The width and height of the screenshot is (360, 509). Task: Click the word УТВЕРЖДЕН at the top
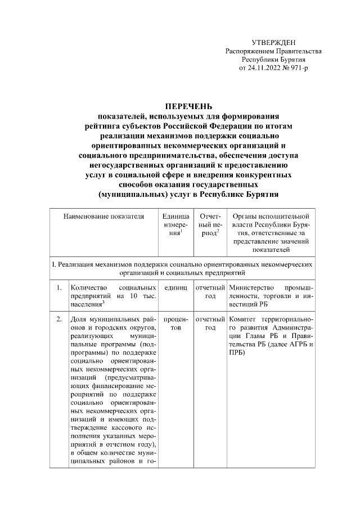click(273, 43)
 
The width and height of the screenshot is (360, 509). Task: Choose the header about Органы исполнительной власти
click(271, 232)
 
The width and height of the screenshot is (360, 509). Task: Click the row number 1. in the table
click(58, 288)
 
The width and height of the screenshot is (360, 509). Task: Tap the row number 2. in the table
click(58, 319)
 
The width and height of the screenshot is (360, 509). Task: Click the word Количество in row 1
click(86, 288)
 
